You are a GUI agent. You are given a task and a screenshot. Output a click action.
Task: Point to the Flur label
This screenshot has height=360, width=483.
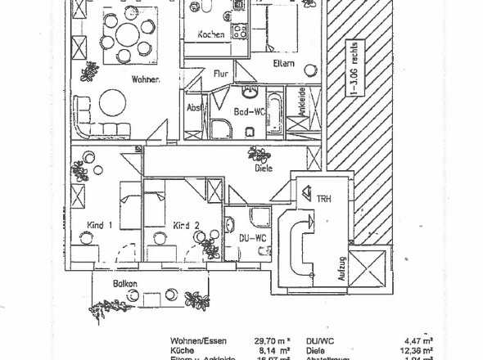pyautogui.click(x=220, y=74)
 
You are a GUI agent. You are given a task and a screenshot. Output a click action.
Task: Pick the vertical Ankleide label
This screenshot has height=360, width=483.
pyautogui.click(x=300, y=101)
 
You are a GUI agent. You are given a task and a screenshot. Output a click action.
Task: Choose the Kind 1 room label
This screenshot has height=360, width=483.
pyautogui.click(x=100, y=225)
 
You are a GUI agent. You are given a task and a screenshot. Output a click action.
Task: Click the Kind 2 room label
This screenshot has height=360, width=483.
pyautogui.click(x=186, y=225)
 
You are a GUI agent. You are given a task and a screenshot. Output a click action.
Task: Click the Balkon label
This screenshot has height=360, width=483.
pyautogui.click(x=124, y=283)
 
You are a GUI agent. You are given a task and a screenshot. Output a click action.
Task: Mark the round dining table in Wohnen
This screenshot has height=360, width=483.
pyautogui.click(x=127, y=36)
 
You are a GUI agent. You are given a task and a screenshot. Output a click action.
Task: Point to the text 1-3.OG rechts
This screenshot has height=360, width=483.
pyautogui.click(x=353, y=71)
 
